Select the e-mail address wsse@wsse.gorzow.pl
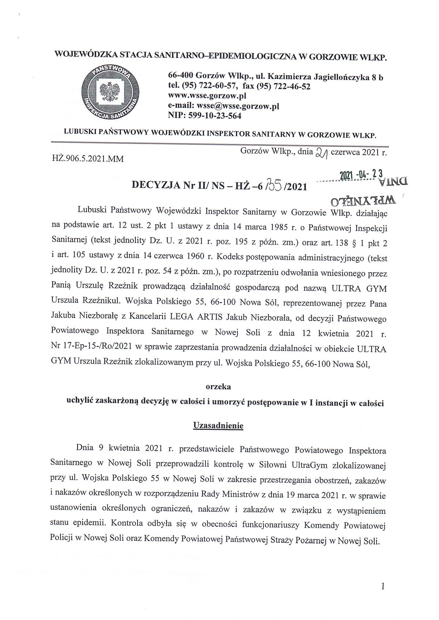(x=238, y=106)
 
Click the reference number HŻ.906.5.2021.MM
(x=88, y=159)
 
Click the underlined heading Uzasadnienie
(x=218, y=426)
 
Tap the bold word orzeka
(x=218, y=386)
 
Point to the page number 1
(x=383, y=587)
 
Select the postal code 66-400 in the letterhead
(x=180, y=77)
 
